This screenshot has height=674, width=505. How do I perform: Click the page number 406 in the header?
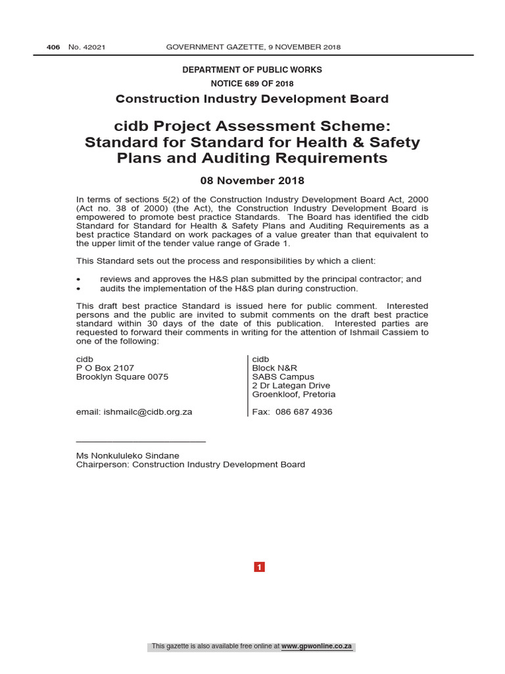point(53,47)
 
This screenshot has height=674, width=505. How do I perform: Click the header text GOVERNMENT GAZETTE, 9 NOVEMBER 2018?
point(253,47)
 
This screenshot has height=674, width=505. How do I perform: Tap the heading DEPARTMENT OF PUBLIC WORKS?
point(252,70)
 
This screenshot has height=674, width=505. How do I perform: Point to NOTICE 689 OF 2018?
point(252,84)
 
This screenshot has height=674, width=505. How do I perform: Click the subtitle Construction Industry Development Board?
point(252,99)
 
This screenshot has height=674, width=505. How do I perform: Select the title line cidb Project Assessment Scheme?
point(252,126)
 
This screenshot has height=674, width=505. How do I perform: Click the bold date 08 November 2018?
point(252,180)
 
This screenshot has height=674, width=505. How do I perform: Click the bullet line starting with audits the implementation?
point(229,288)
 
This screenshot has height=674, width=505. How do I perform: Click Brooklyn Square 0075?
point(122,376)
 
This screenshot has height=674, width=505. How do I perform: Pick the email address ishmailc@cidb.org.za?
point(147,411)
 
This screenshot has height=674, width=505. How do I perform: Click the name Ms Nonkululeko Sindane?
point(128,455)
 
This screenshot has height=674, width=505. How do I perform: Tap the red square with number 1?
point(259,567)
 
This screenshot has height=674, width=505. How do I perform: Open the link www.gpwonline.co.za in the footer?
point(317,646)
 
